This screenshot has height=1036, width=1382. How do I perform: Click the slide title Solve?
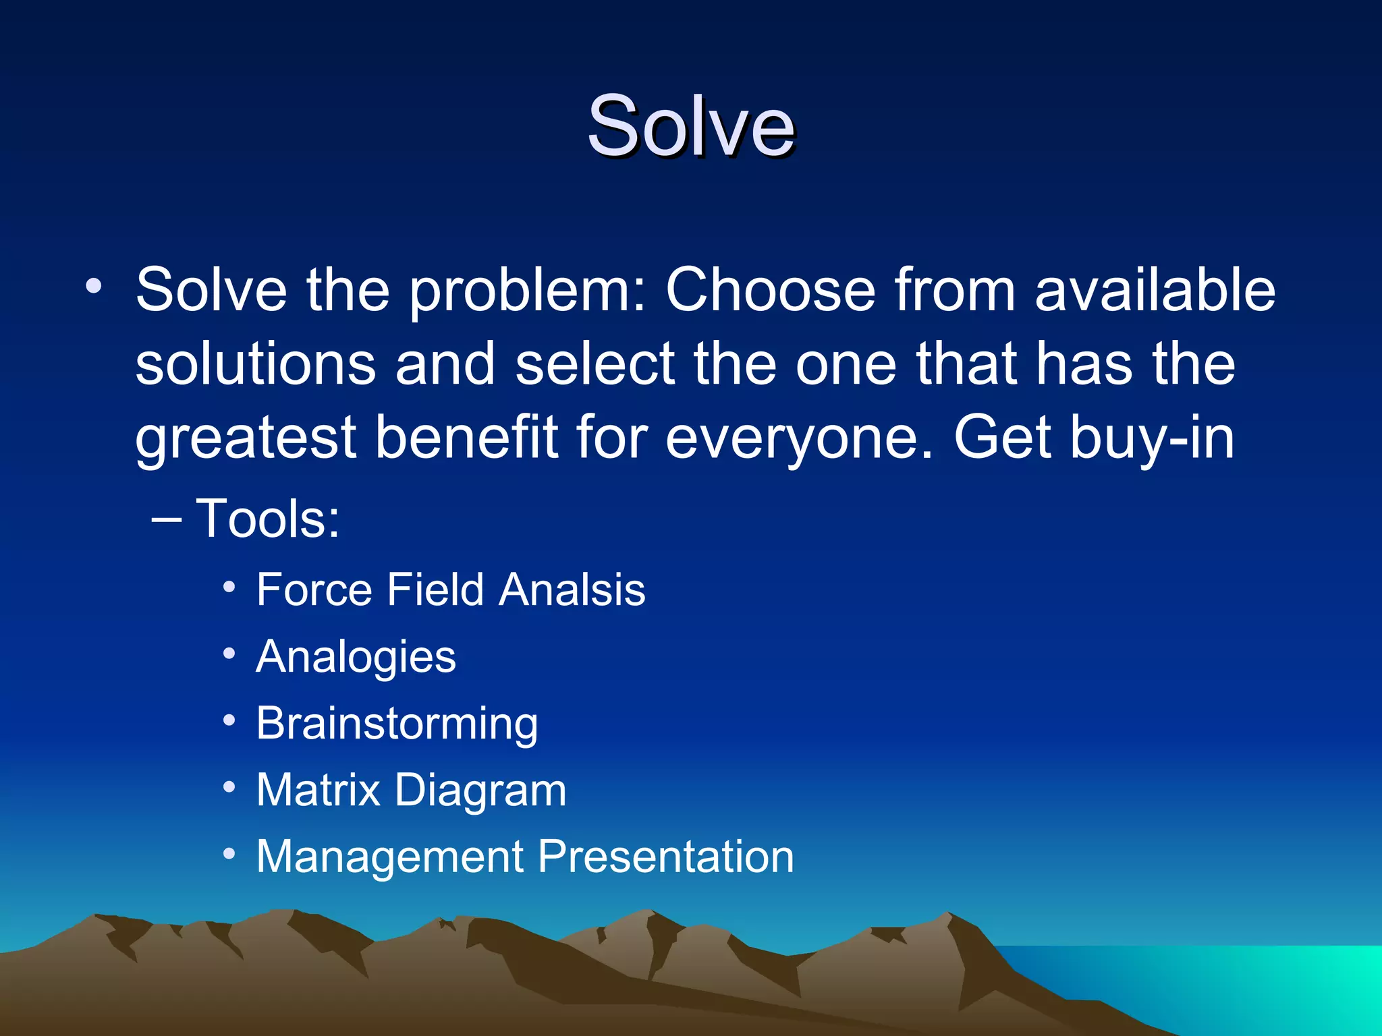(x=691, y=127)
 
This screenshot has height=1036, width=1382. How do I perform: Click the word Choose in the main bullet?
(x=770, y=290)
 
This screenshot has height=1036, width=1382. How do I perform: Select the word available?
(x=1155, y=290)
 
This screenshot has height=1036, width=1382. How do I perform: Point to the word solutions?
(x=255, y=364)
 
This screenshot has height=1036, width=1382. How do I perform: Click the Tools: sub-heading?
(x=267, y=519)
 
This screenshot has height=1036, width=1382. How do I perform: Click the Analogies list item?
(x=356, y=657)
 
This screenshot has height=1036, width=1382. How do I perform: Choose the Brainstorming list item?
(x=397, y=724)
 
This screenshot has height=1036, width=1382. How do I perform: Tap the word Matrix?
(x=318, y=790)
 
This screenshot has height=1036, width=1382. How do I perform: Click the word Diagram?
(x=480, y=791)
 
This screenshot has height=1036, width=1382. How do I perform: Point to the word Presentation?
(x=665, y=857)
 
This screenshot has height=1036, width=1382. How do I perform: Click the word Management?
(x=390, y=857)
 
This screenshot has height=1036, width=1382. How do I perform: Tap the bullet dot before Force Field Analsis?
(x=229, y=587)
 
